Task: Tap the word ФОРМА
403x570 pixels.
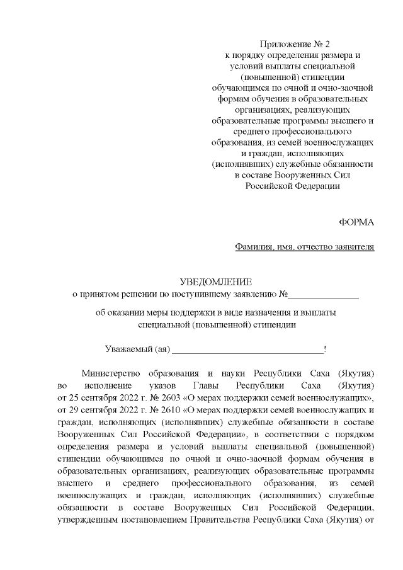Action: [356, 222]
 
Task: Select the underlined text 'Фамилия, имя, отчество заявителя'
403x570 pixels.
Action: [304, 246]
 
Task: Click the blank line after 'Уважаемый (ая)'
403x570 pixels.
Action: [247, 349]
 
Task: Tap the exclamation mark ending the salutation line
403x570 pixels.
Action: [324, 349]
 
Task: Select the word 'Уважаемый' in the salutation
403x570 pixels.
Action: [128, 349]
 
